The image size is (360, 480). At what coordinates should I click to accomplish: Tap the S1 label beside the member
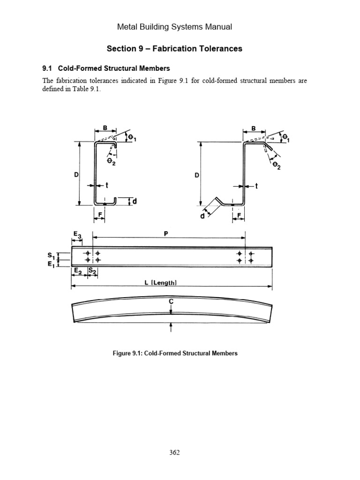50,255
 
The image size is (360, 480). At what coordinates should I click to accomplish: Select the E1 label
50,263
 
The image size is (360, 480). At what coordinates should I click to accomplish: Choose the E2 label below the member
77,271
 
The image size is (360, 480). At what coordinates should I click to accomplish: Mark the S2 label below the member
92,271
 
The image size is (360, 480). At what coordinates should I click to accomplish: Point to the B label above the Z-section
253,128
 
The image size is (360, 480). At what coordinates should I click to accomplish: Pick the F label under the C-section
99,216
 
